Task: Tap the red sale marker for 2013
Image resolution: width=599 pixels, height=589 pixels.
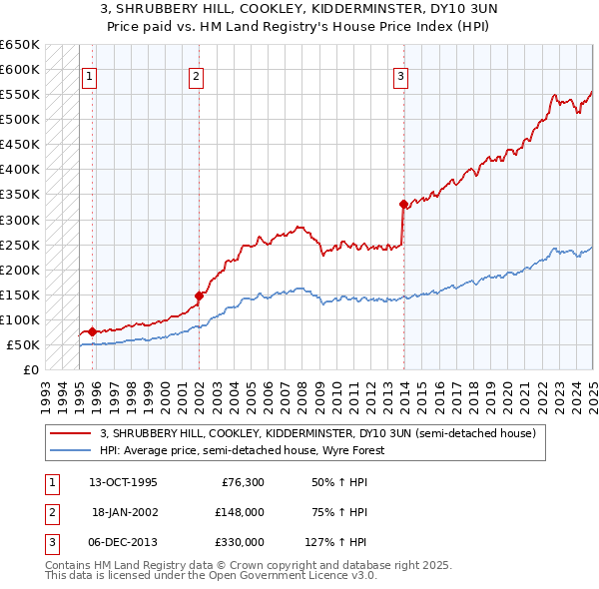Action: [x=403, y=204]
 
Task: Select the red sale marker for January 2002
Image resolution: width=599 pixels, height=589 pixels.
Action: [x=200, y=294]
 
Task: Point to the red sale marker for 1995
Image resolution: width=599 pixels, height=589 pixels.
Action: [x=93, y=330]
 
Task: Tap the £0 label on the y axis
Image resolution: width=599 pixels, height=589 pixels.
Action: [x=31, y=369]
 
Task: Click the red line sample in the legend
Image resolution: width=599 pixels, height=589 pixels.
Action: [x=71, y=434]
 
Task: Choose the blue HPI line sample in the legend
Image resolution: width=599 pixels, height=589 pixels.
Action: [x=71, y=450]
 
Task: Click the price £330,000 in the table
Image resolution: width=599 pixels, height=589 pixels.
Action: [x=240, y=542]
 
